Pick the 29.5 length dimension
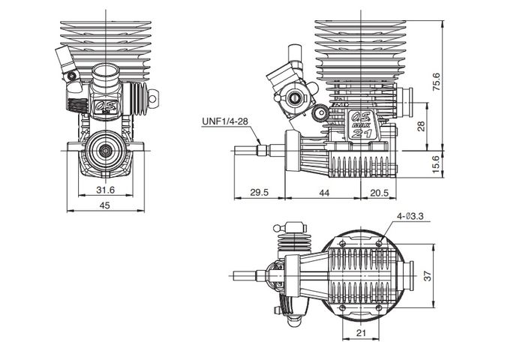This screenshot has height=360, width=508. [x=260, y=193]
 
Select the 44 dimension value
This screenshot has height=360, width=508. [x=324, y=193]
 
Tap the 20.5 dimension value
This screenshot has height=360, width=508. [x=380, y=193]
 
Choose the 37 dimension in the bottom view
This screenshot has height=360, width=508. [x=428, y=276]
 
